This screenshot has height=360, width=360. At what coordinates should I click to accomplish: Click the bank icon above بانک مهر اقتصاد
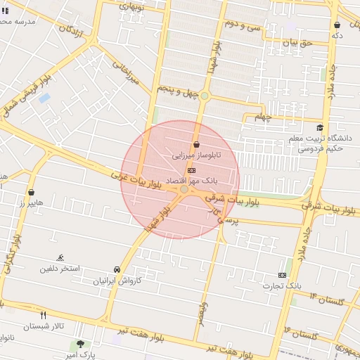pyautogui.click(x=191, y=170)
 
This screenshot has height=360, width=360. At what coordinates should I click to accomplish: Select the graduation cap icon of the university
pyautogui.click(x=320, y=128)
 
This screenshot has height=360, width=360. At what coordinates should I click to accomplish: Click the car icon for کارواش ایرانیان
pyautogui.click(x=117, y=270)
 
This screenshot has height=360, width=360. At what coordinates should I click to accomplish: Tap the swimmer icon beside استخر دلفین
pyautogui.click(x=60, y=257)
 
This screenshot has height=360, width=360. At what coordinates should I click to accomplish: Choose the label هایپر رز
pyautogui.click(x=31, y=202)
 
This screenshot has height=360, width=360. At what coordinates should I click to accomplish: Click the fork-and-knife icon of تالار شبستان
pyautogui.click(x=44, y=316)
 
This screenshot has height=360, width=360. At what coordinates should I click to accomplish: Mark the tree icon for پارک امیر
pyautogui.click(x=81, y=345)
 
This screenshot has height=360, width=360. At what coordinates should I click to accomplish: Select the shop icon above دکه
pyautogui.click(x=337, y=25)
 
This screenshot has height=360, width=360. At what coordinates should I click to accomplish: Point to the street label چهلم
pyautogui.click(x=262, y=117)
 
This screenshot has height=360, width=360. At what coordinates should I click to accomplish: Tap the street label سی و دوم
pyautogui.click(x=243, y=25)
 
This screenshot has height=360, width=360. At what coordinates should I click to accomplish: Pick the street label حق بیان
pyautogui.click(x=296, y=43)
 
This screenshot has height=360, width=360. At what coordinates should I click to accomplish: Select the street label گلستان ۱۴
pyautogui.click(x=319, y=301)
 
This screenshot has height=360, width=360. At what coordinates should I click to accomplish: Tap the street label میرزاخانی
pyautogui.click(x=126, y=72)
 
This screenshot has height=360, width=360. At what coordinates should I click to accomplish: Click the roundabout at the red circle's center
pyautogui.click(x=184, y=190)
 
